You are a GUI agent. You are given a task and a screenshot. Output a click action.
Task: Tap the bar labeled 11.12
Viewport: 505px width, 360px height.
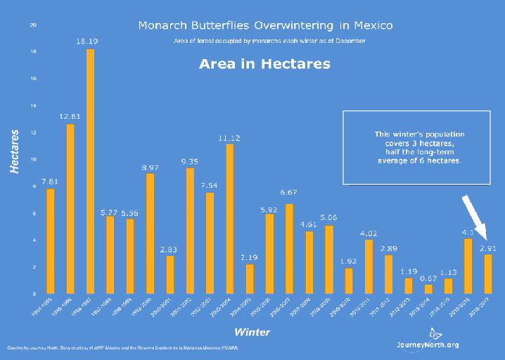pyautogui.click(x=230, y=219)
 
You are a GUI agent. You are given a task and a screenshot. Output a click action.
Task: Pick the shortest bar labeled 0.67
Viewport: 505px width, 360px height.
pyautogui.click(x=429, y=289)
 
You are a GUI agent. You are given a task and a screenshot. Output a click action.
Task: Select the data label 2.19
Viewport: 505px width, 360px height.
pyautogui.click(x=250, y=258)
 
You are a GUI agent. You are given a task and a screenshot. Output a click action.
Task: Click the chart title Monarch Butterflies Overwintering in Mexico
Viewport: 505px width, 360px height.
pyautogui.click(x=265, y=26)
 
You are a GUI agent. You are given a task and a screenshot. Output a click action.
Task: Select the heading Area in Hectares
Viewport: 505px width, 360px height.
pyautogui.click(x=264, y=63)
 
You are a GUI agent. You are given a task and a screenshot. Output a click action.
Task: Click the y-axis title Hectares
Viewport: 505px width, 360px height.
pyautogui.click(x=15, y=151)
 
